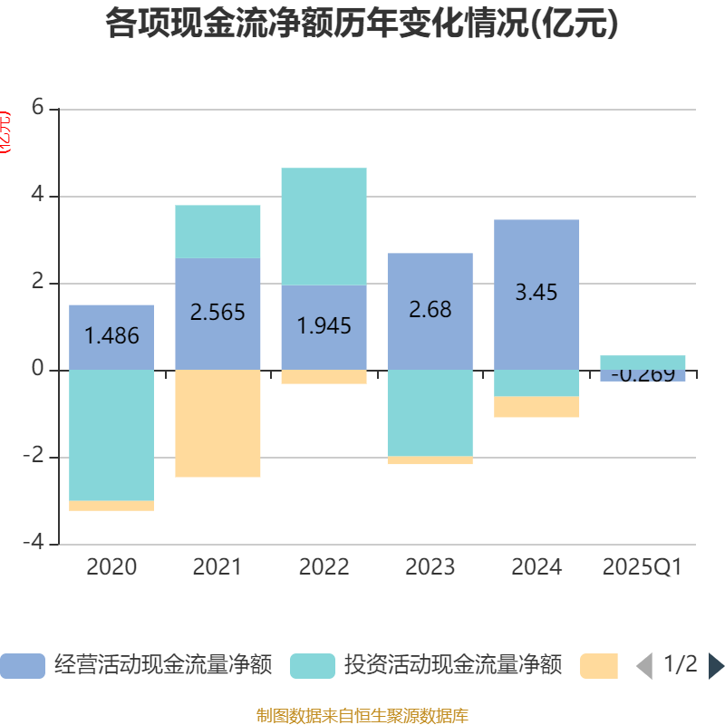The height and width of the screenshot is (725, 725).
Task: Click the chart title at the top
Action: [x=362, y=24]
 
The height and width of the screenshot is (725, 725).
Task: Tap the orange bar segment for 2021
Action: [x=217, y=423]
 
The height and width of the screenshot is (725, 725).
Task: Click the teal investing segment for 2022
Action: [x=324, y=227]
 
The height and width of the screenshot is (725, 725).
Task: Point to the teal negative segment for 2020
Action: [x=111, y=435]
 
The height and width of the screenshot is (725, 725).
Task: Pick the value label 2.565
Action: [x=217, y=313]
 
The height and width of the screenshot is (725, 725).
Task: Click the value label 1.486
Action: [x=111, y=336]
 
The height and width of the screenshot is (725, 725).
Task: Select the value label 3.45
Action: [x=536, y=293]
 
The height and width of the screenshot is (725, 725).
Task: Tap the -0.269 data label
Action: [x=643, y=374]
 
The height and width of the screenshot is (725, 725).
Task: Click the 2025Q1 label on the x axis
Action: [x=643, y=567]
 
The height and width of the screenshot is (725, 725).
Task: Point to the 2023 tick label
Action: [x=430, y=567]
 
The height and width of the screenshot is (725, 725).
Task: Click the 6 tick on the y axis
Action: [x=37, y=107]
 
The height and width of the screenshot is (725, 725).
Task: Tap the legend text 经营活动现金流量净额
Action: [x=163, y=665]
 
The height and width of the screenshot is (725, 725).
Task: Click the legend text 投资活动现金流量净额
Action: [x=453, y=665]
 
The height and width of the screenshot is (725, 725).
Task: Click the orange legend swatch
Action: [x=598, y=665]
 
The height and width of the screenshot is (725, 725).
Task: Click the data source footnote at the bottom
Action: [x=362, y=715]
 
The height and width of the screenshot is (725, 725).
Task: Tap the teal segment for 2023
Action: [x=430, y=413]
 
